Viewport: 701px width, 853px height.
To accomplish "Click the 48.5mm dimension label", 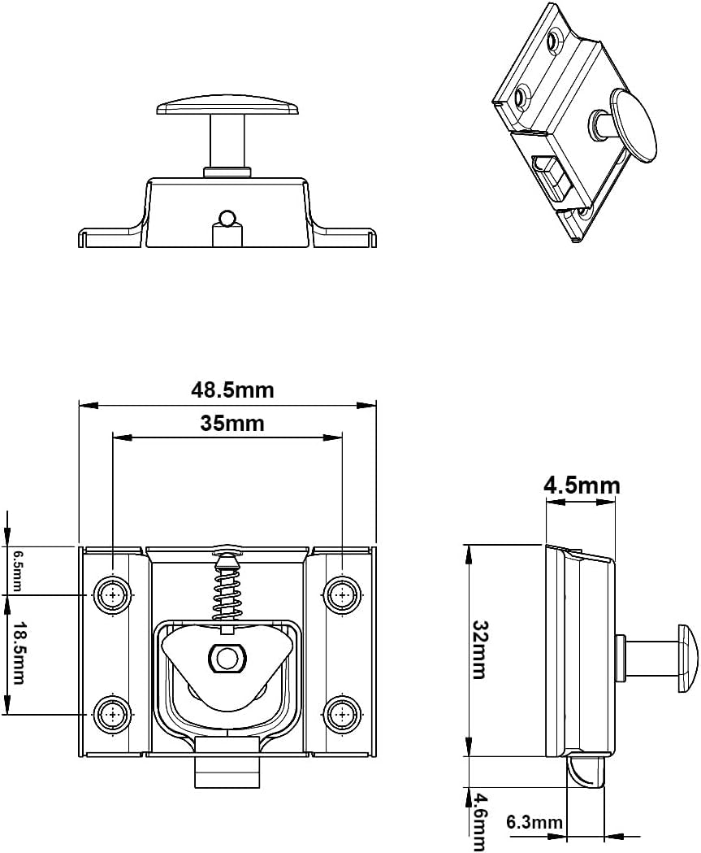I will tap(232, 390).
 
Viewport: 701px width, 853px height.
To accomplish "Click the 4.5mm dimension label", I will tap(581, 485).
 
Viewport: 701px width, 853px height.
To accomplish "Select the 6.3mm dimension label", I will tap(534, 822).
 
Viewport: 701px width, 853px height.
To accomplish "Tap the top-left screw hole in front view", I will tap(112, 595).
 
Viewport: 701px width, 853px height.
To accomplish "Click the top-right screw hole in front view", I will tap(341, 595).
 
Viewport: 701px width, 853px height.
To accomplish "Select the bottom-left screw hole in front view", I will tap(112, 715).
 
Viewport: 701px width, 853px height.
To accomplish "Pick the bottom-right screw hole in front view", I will tap(341, 715).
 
